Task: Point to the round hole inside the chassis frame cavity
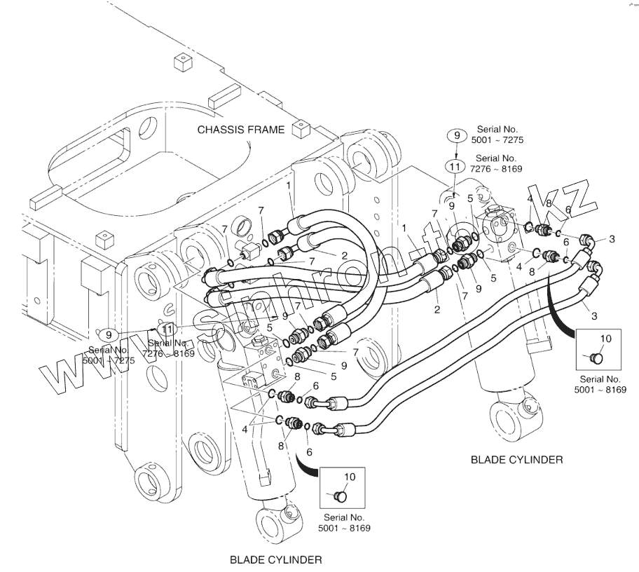149,128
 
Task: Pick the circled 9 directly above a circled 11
455,135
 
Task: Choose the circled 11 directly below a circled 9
455,167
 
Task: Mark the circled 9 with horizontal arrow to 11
108,334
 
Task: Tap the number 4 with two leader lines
245,428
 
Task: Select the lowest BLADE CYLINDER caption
276,559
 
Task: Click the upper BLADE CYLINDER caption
516,460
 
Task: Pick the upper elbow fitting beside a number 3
589,243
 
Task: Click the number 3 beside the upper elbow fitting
612,240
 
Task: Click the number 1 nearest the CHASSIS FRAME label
288,184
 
